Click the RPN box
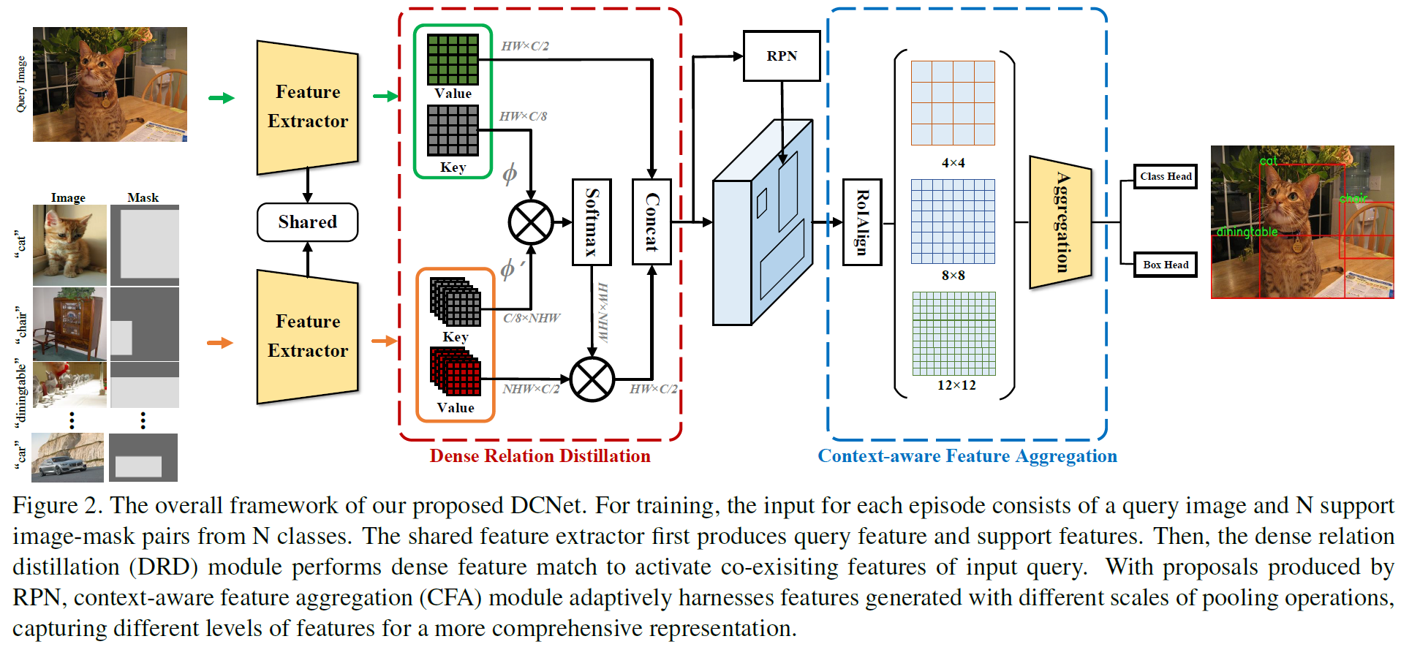click(781, 56)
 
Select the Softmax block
click(592, 222)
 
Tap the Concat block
click(652, 222)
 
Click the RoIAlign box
click(862, 222)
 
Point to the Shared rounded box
click(307, 222)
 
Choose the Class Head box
click(1166, 176)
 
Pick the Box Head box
click(1166, 265)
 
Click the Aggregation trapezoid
click(1060, 222)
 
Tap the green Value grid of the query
click(453, 59)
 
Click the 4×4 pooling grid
click(953, 103)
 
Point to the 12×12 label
click(956, 385)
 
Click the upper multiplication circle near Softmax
click(531, 222)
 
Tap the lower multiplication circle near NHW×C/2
click(592, 379)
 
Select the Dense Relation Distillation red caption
click(540, 456)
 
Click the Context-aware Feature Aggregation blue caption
click(967, 456)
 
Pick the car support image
click(67, 458)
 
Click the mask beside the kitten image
click(144, 245)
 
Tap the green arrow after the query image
click(221, 98)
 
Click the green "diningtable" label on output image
click(1247, 232)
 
